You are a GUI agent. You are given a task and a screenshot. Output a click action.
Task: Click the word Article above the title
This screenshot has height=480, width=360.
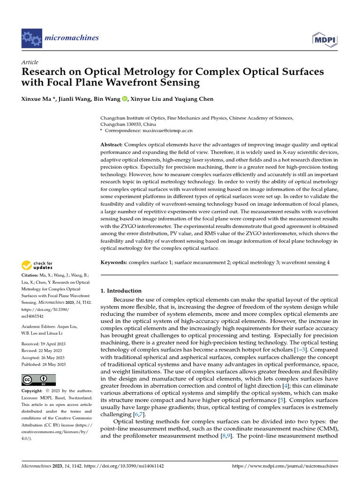coord(30,62)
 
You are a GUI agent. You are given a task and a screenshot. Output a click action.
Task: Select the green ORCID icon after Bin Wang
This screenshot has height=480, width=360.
coord(125,99)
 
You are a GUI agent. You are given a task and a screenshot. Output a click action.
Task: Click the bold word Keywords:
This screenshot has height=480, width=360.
coord(114,263)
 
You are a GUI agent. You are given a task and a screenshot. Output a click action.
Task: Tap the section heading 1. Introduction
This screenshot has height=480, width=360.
coord(121,291)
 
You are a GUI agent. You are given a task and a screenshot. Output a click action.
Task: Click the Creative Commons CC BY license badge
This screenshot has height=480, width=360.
coord(39,380)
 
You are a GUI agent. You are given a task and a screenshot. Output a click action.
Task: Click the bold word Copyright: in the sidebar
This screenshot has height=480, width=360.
coord(33,391)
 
